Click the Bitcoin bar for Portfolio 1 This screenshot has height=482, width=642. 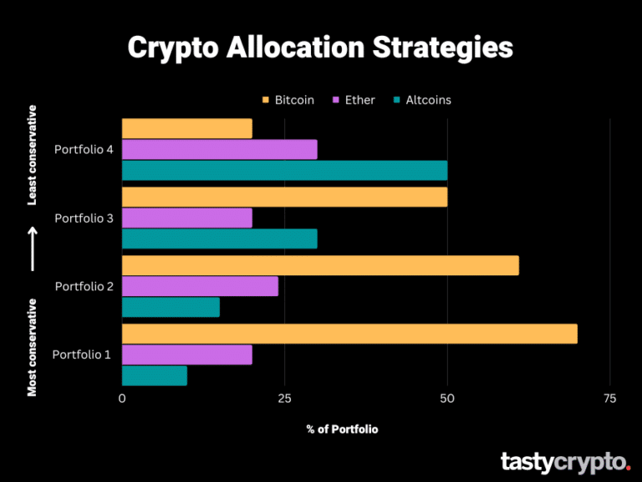(349, 333)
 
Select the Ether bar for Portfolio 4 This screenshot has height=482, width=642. (219, 149)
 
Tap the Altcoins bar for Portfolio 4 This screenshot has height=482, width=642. (284, 170)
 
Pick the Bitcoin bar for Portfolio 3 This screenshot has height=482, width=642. (284, 197)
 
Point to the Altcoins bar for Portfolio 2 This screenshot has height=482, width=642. (171, 307)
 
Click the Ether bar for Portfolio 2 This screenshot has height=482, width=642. (200, 286)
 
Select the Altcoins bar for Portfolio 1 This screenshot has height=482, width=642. (155, 376)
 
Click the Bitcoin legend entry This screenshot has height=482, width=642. (288, 100)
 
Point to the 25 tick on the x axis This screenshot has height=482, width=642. (284, 398)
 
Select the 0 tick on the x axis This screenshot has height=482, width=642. (122, 398)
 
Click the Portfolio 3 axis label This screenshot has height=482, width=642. (83, 218)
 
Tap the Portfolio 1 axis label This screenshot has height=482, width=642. (81, 354)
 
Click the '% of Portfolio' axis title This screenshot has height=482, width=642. (342, 429)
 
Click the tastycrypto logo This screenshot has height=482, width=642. (565, 461)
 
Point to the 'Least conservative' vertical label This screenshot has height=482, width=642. (33, 155)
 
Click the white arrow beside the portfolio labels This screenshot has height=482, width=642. (33, 249)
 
